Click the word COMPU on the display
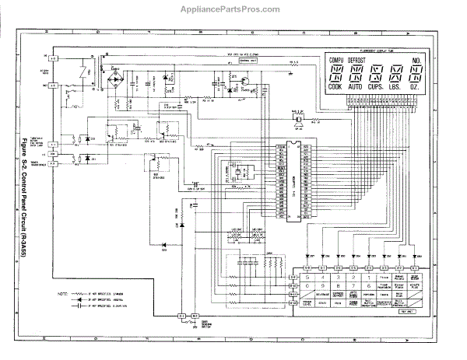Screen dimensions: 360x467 coord(337,60)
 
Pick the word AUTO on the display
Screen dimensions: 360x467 coord(356,89)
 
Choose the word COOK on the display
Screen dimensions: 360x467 coord(336,89)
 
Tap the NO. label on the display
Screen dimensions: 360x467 coord(417,60)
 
